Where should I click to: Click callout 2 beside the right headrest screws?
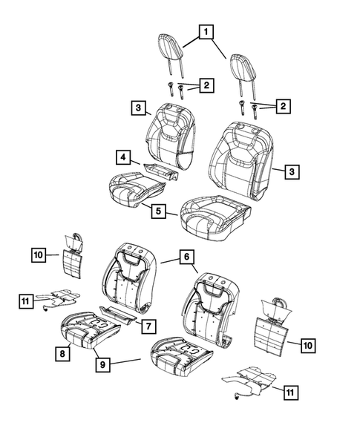pyautogui.click(x=283, y=108)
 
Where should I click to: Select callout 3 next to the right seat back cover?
pyautogui.click(x=292, y=171)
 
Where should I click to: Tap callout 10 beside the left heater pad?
pyautogui.click(x=39, y=256)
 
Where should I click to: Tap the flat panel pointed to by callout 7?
pyautogui.click(x=120, y=315)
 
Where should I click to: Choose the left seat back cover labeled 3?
pyautogui.click(x=171, y=134)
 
